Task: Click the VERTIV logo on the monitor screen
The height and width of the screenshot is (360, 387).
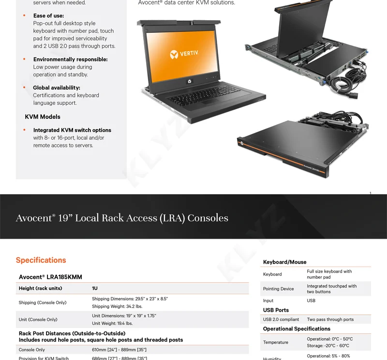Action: tap(183, 54)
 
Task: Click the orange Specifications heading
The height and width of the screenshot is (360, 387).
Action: tap(41, 260)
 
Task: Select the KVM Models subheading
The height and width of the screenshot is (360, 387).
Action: tap(43, 116)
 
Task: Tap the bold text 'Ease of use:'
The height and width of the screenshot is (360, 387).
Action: tap(48, 15)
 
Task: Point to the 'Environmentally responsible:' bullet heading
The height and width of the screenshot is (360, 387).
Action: tap(70, 59)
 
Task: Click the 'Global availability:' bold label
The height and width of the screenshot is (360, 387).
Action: tap(57, 87)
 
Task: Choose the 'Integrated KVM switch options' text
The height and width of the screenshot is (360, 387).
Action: tap(72, 130)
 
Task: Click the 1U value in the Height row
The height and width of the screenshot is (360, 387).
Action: tap(95, 288)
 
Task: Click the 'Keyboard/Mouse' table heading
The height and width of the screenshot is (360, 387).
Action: tap(284, 262)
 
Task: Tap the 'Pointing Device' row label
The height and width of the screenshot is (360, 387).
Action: tap(278, 289)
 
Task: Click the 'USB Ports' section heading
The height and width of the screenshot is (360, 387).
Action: tap(276, 310)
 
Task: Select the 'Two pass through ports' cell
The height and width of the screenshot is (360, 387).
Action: tap(330, 319)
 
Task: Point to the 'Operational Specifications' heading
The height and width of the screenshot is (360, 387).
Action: tap(297, 329)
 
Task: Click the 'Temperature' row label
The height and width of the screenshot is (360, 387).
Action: tap(275, 342)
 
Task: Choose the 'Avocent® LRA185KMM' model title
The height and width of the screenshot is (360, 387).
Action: tap(50, 277)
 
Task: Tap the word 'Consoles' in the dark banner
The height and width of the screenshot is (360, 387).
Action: tap(208, 218)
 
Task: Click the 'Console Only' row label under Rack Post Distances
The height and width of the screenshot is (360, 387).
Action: tap(32, 349)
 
